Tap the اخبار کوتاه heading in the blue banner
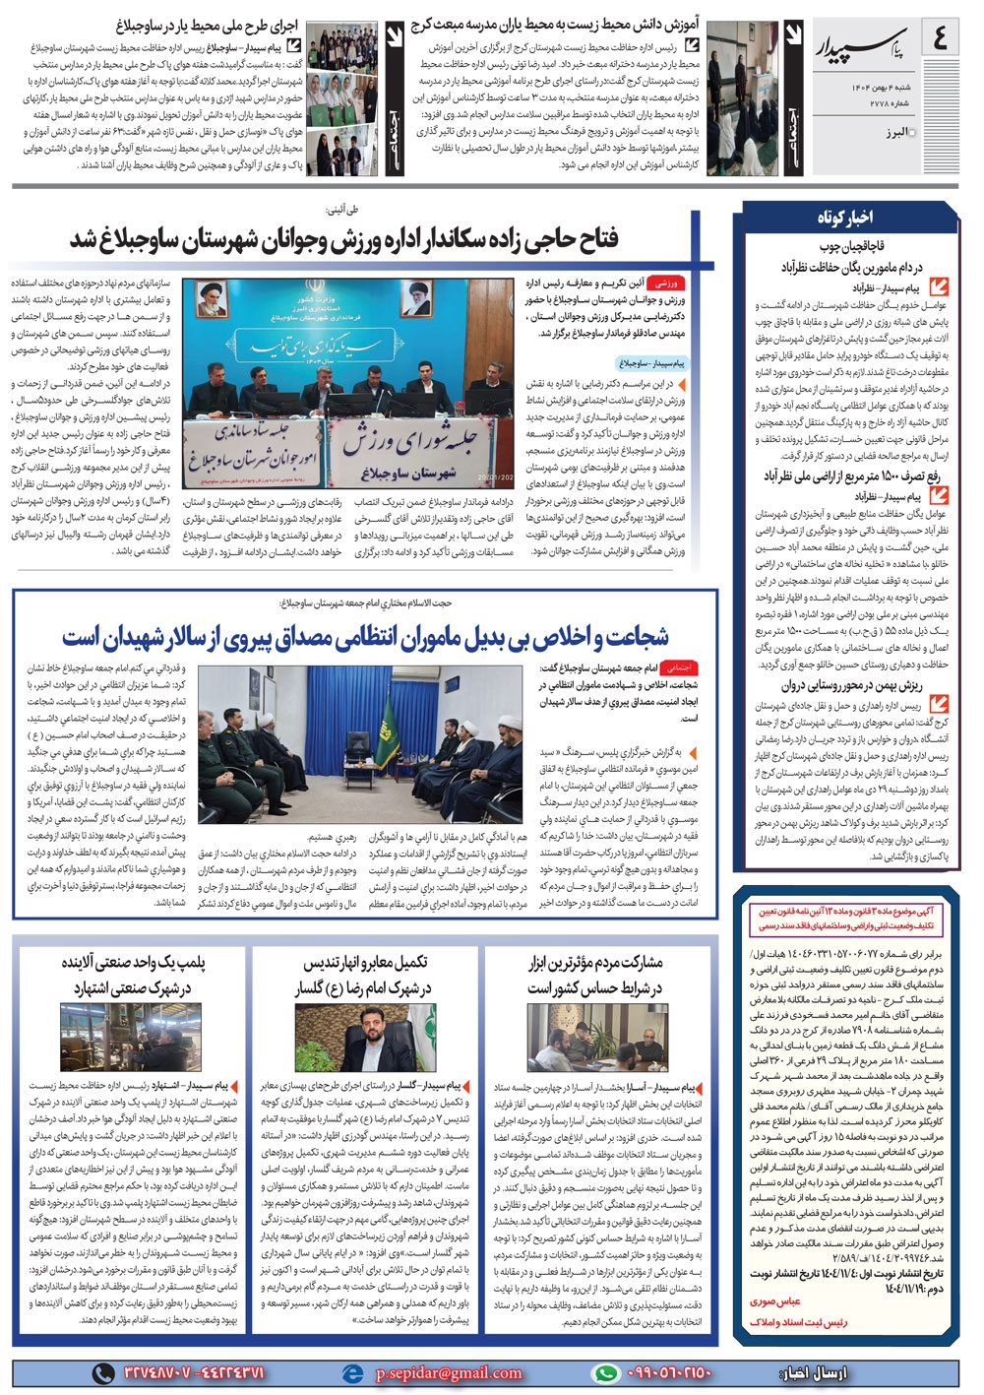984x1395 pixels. pyautogui.click(x=844, y=217)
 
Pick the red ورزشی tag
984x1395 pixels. pyautogui.click(x=666, y=282)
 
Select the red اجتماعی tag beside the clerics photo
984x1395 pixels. pyautogui.click(x=680, y=667)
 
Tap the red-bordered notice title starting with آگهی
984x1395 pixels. pyautogui.click(x=845, y=918)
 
